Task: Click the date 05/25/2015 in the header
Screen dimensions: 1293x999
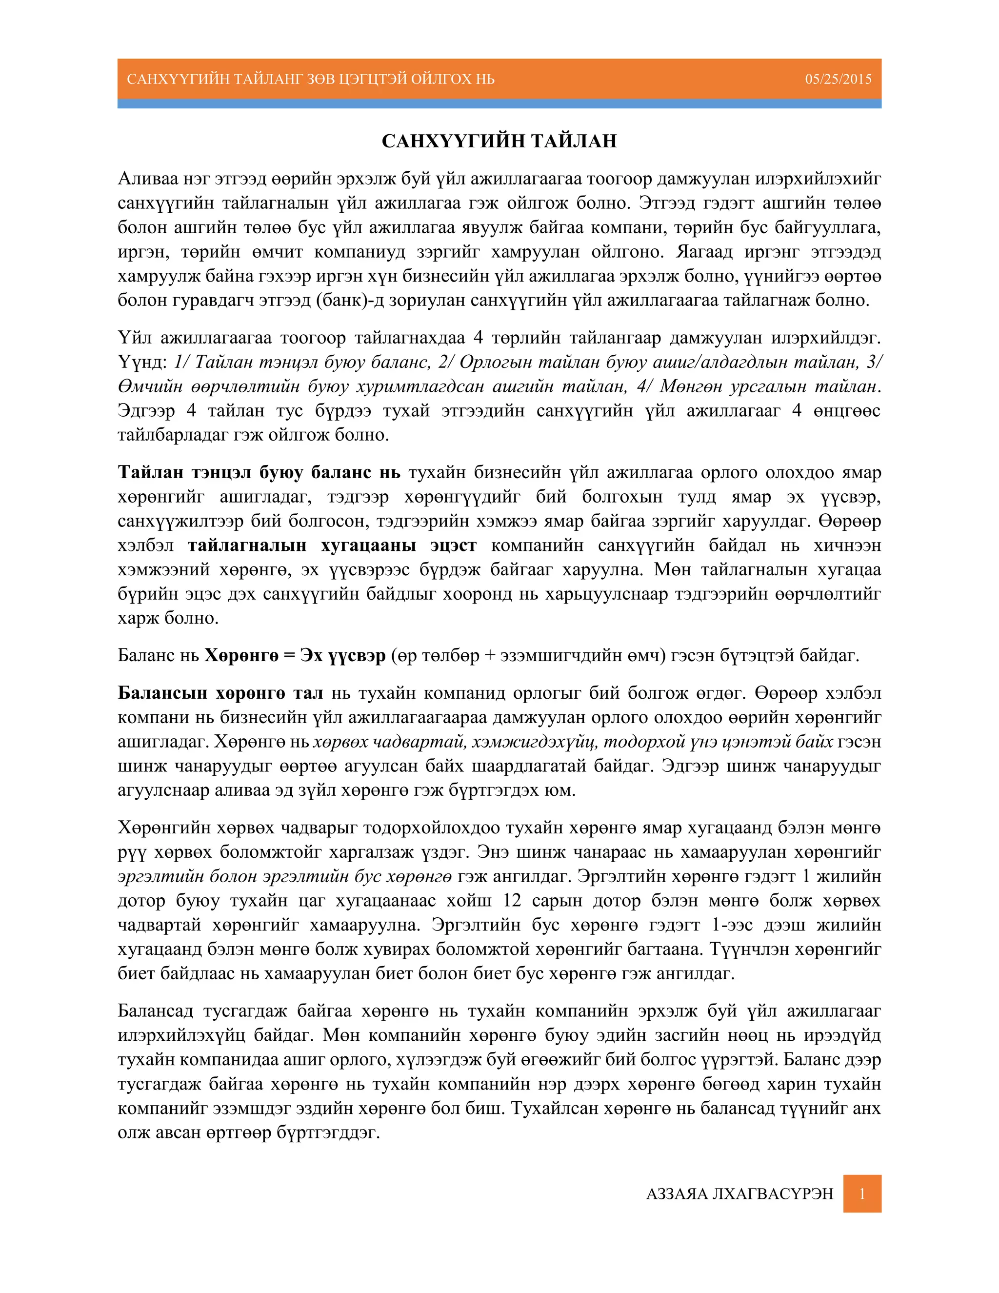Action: pos(838,79)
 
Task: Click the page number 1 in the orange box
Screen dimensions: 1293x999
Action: pos(862,1193)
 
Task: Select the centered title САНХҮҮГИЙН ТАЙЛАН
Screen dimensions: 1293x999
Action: pos(499,141)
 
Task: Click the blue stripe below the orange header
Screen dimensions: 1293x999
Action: pos(499,103)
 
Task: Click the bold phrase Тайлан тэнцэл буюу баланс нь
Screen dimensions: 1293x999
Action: pos(259,472)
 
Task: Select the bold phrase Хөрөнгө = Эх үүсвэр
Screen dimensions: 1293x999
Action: pos(295,655)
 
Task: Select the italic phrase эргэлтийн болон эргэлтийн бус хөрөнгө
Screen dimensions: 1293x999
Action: pos(284,876)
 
